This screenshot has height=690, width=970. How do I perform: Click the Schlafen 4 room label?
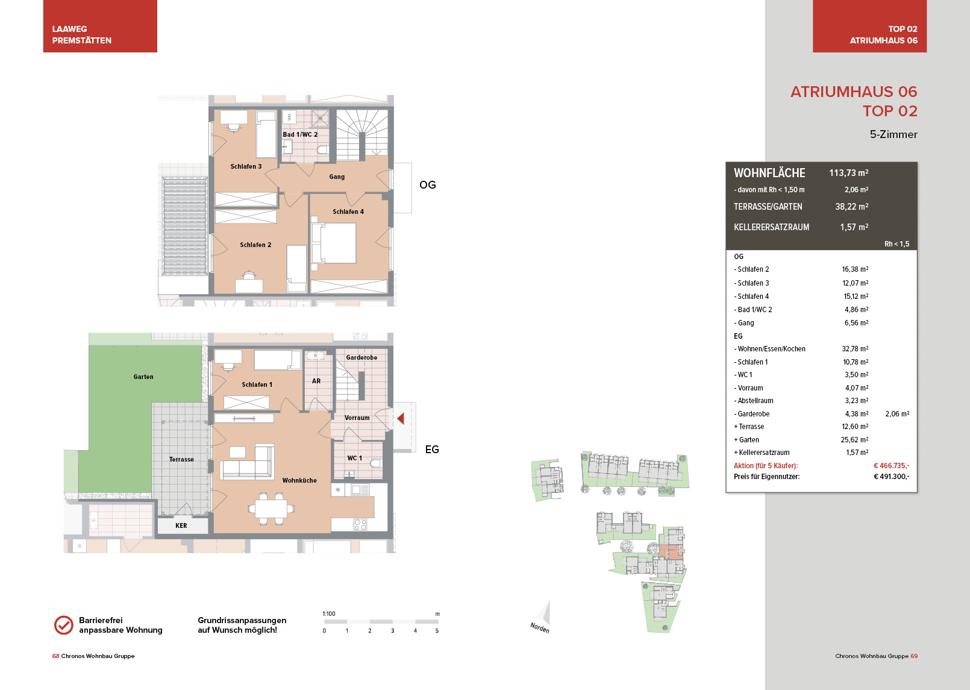coord(348,212)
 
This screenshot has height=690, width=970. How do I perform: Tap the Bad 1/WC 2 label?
coord(300,134)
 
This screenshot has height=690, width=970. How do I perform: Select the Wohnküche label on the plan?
coord(299,480)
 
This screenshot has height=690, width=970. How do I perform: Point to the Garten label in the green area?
coord(143,377)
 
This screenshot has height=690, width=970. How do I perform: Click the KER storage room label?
coord(181,525)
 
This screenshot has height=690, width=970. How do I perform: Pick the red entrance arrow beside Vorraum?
coord(401,418)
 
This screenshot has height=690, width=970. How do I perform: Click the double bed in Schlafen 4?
coord(334,243)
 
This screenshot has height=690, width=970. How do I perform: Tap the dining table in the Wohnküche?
coord(271,509)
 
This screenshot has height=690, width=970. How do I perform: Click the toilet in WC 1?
coord(375,463)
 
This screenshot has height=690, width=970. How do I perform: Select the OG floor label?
coord(427,185)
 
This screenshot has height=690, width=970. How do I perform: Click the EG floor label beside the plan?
coord(432,449)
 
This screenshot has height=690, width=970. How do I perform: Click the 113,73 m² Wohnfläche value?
coord(848,173)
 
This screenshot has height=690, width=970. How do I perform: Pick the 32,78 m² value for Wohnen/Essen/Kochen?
coord(855,349)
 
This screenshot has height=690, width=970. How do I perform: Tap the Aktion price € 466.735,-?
coord(891,466)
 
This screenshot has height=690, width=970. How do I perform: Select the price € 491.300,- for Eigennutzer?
coord(891,477)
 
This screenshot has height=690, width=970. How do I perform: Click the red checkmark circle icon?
coord(64,625)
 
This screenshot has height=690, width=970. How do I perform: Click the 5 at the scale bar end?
coord(437,631)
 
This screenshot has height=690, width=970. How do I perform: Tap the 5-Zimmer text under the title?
coord(893,134)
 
